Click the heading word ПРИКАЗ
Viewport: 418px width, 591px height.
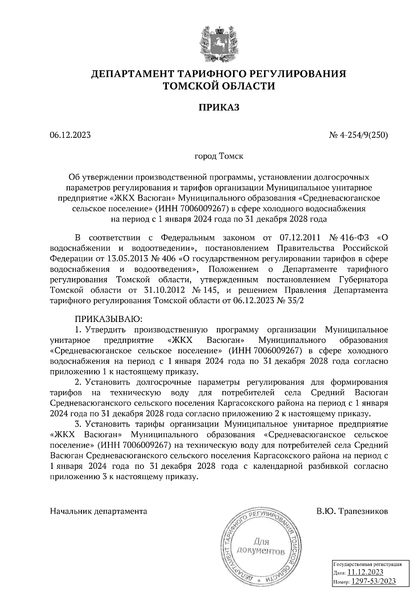219,107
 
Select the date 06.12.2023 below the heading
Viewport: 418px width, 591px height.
70,134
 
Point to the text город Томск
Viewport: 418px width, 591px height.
219,156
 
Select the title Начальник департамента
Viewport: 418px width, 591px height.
99,512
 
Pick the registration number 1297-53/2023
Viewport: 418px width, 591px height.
373,581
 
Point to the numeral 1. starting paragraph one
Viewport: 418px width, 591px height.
78,330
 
